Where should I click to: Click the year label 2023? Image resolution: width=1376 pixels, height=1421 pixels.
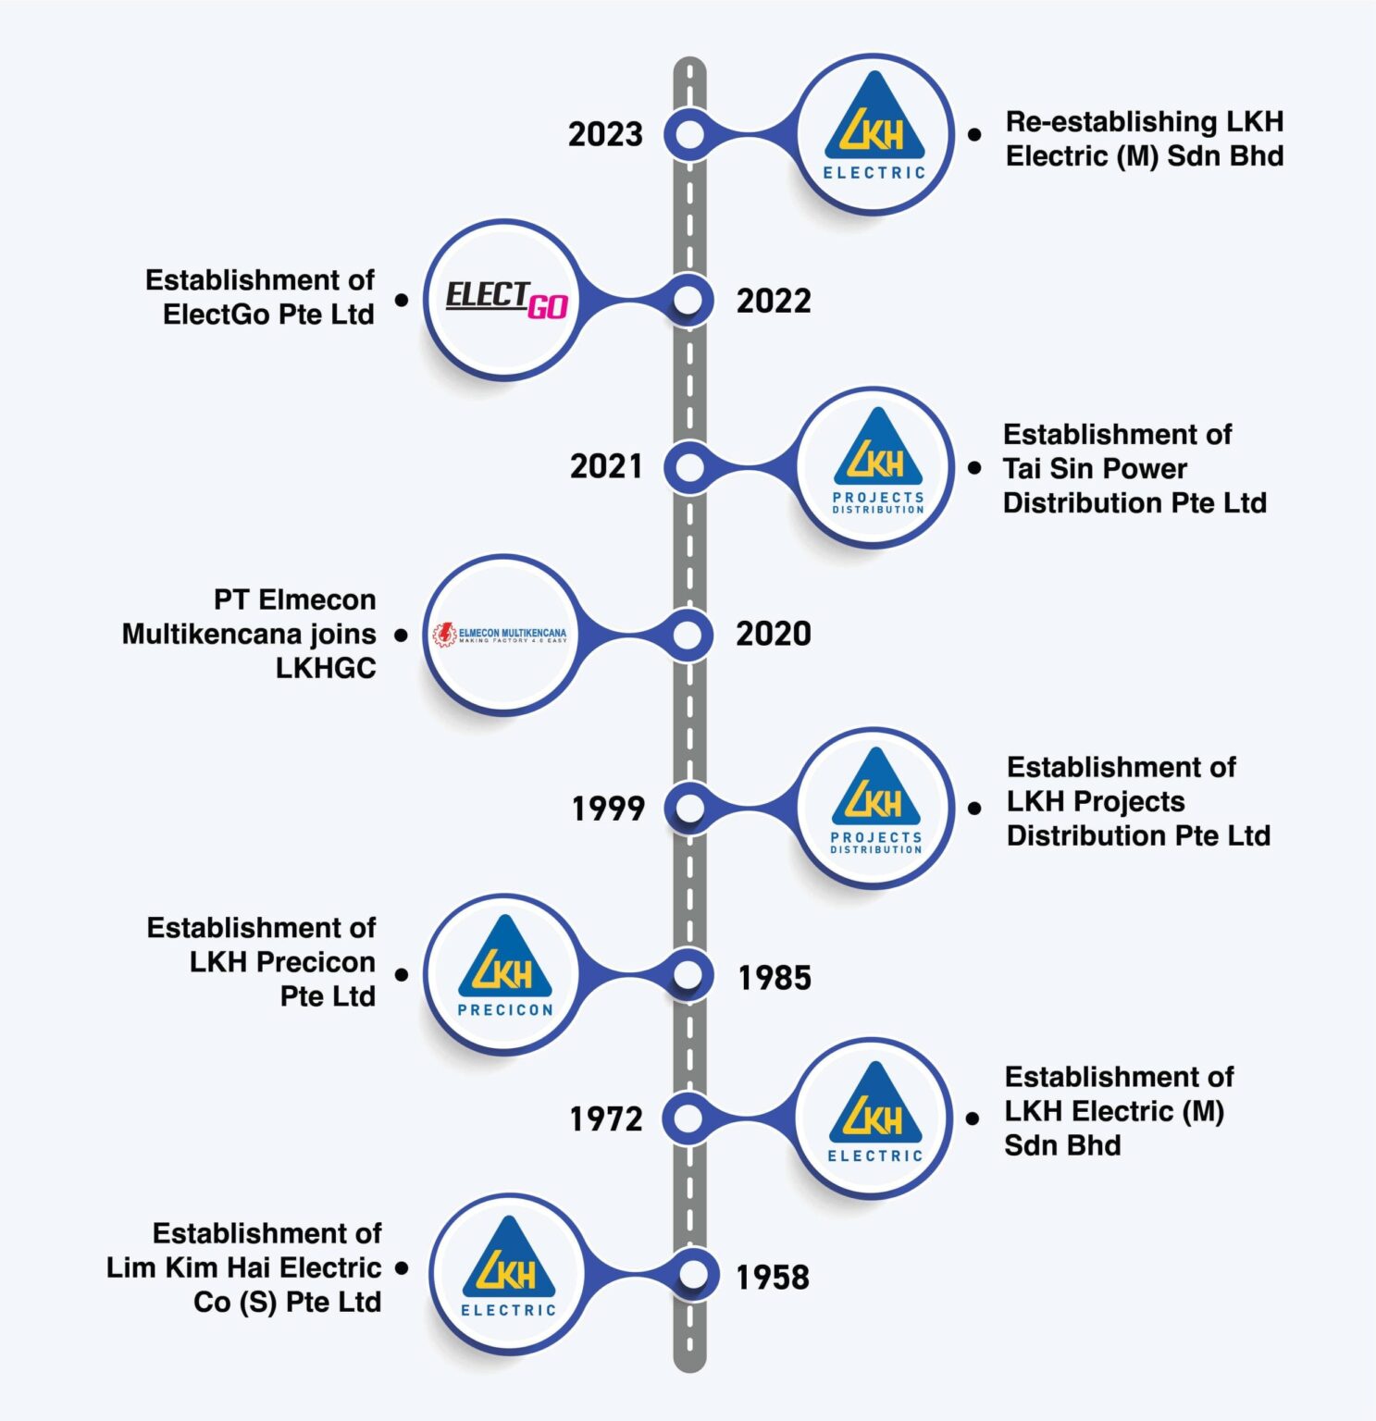(605, 134)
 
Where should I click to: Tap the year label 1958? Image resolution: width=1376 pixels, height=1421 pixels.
(773, 1278)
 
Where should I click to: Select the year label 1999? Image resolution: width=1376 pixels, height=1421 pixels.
(608, 809)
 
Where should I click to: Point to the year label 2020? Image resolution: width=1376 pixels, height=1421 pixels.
(774, 634)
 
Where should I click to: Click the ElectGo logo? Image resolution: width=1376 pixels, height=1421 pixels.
(505, 300)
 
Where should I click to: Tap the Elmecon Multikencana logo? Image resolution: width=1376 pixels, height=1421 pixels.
(501, 635)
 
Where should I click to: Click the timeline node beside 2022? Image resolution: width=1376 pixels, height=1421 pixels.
(688, 300)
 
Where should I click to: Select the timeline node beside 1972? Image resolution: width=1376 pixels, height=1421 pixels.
(688, 1118)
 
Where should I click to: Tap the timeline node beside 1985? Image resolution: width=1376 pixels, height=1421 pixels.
(688, 975)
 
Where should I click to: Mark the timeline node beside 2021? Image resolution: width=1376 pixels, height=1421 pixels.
(688, 466)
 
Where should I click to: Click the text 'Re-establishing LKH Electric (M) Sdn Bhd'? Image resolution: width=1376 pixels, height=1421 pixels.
(1144, 139)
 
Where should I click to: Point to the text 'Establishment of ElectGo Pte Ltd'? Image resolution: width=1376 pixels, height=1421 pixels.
(261, 297)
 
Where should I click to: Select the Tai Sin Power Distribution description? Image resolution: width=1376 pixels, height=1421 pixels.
(1134, 468)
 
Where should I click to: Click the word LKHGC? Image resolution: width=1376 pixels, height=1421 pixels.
(326, 668)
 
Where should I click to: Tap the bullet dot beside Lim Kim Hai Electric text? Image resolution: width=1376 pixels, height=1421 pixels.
(402, 1268)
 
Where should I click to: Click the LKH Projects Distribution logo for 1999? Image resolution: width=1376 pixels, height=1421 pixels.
(875, 808)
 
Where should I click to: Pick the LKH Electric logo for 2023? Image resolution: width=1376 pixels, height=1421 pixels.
(874, 134)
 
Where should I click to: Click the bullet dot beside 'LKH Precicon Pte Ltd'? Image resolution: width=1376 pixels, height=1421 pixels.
(402, 975)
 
